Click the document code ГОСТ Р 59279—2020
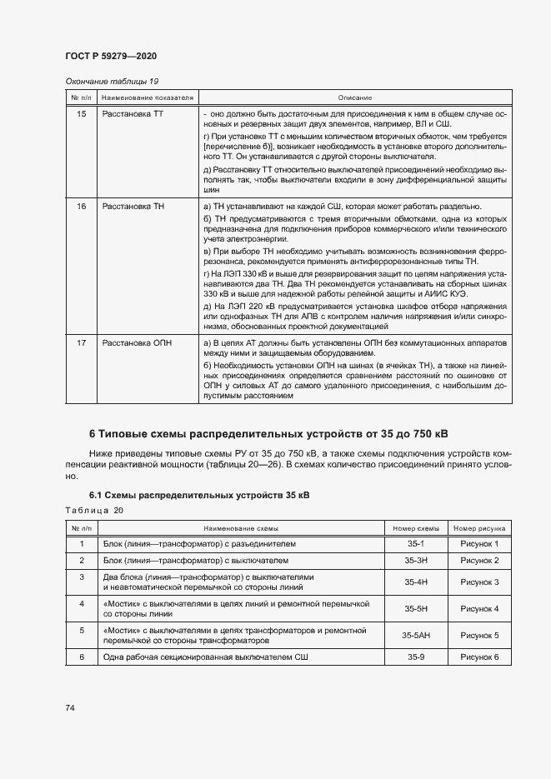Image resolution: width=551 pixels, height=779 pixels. click(x=111, y=56)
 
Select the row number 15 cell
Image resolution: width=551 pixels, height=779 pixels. click(x=81, y=112)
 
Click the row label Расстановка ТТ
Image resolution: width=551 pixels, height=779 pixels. click(x=128, y=112)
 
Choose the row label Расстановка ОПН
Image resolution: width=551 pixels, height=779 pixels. click(x=131, y=342)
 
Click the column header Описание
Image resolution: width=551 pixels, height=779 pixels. click(x=356, y=97)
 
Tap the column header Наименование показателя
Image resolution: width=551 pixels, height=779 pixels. click(x=148, y=97)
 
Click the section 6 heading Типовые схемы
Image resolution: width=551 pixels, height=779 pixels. click(x=268, y=434)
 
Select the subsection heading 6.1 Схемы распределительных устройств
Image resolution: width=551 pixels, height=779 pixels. click(x=199, y=495)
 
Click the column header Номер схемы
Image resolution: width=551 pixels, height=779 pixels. click(x=416, y=528)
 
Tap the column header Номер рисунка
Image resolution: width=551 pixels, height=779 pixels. click(x=479, y=528)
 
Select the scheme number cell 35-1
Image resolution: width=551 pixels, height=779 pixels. click(x=416, y=544)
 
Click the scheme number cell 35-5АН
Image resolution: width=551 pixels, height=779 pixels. click(x=416, y=635)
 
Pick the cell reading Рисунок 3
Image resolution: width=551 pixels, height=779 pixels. click(x=479, y=582)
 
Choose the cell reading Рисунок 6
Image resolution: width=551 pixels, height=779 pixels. click(x=479, y=658)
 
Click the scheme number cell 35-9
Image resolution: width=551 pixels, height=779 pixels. click(x=416, y=658)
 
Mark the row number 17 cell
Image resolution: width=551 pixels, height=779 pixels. click(x=81, y=342)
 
